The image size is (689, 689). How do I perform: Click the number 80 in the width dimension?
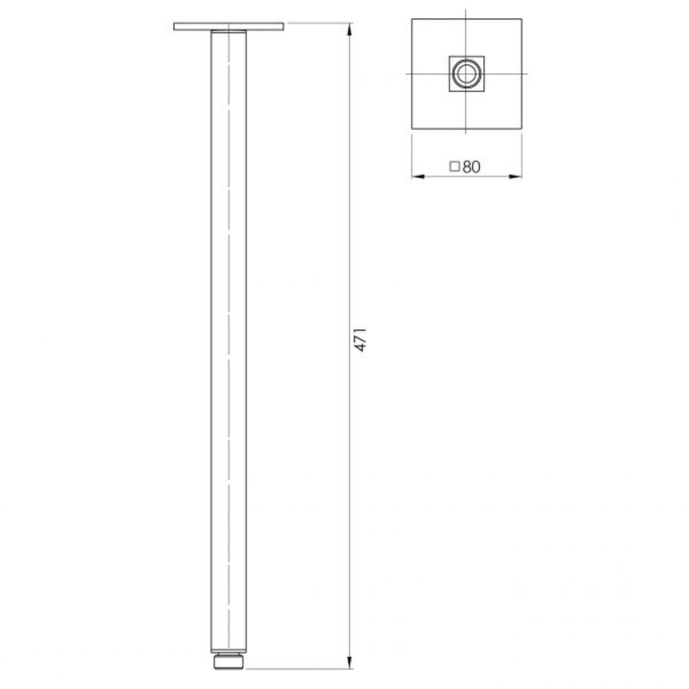471,167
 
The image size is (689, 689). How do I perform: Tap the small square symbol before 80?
454,167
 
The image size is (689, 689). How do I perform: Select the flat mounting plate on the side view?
229,26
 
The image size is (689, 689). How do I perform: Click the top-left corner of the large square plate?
412,19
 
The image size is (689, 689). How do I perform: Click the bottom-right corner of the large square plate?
522,128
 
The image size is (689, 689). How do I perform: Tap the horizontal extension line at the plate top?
317,23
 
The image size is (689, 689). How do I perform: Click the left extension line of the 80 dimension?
412,153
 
